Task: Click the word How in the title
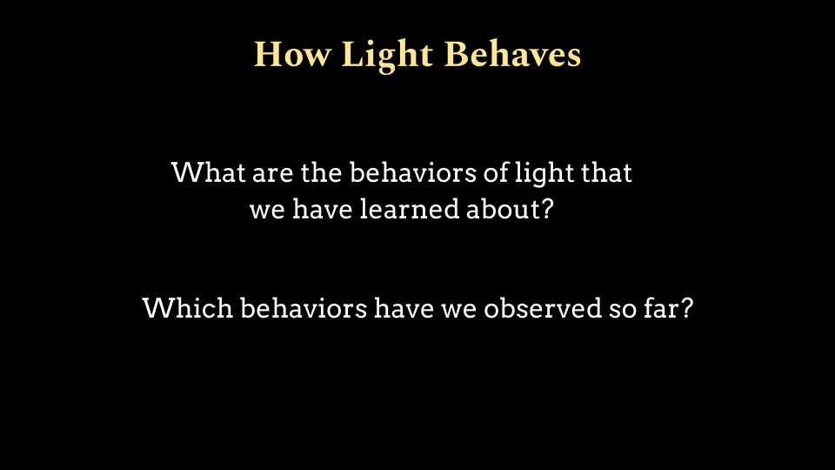pyautogui.click(x=293, y=54)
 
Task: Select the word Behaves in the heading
pyautogui.click(x=512, y=54)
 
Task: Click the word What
pyautogui.click(x=209, y=172)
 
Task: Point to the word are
pyautogui.click(x=272, y=175)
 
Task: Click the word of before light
pyautogui.click(x=496, y=172)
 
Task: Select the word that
pyautogui.click(x=606, y=172)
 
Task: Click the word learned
pyautogui.click(x=410, y=209)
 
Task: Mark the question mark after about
pyautogui.click(x=547, y=209)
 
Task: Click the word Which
pyautogui.click(x=188, y=308)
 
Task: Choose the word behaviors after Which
pyautogui.click(x=304, y=308)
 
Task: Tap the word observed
pyautogui.click(x=543, y=308)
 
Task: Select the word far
pyautogui.click(x=660, y=308)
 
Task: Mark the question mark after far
pyautogui.click(x=686, y=308)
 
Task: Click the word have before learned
pyautogui.click(x=323, y=209)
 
